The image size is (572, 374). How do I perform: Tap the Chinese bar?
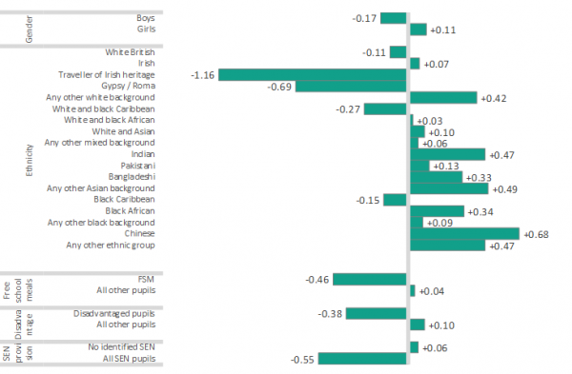point(465,233)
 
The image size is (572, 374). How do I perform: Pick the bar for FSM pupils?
point(369,279)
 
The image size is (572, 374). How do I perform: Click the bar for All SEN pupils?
point(362,359)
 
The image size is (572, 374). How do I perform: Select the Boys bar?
point(395,18)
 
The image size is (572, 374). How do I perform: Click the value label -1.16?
point(204,74)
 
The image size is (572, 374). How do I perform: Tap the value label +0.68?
point(536,233)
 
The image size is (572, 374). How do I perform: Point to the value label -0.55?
point(302,359)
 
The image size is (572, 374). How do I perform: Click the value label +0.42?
point(493,97)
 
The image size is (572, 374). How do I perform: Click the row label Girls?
point(145,30)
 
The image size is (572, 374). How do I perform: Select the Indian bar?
point(447,154)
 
